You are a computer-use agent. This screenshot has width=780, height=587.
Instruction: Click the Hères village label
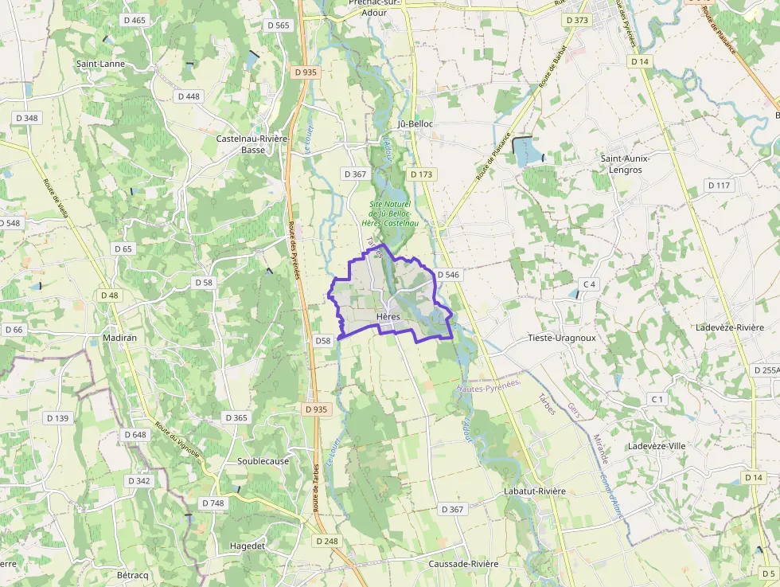388,316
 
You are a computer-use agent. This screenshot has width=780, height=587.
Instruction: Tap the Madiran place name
120,338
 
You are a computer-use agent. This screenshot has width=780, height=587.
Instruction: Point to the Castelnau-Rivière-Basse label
252,143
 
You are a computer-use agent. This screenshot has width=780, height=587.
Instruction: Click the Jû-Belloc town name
415,124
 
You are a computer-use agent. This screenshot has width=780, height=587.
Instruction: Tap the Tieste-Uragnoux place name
562,338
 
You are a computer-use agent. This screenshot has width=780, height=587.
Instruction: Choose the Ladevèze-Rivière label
730,327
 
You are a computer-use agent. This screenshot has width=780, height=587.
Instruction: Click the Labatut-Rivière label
535,491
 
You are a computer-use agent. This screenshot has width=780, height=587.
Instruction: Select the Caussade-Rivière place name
463,564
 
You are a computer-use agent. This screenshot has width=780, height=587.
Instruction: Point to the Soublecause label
263,461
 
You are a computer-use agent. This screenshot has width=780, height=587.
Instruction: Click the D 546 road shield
448,275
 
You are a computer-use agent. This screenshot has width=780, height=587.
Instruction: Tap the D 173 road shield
422,174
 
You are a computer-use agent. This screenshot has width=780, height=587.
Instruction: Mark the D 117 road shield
719,186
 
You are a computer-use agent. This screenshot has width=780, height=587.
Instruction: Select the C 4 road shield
589,284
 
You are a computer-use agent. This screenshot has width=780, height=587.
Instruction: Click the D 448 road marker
189,96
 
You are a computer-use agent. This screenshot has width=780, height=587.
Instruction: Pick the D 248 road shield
327,541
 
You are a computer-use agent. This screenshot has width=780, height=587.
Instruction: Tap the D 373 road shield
577,20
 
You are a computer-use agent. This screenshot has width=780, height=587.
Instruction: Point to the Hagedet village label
247,546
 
